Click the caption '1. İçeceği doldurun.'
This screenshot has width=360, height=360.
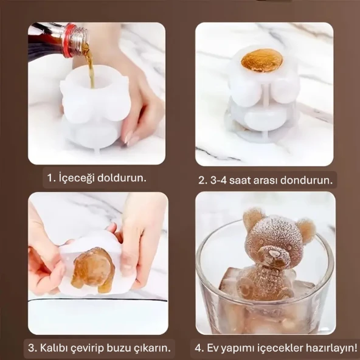pos(97,179)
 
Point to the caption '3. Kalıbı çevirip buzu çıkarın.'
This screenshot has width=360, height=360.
pos(99,349)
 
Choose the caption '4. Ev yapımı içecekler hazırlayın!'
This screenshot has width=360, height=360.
pos(275,349)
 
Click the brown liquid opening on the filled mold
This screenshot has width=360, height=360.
pos(261,60)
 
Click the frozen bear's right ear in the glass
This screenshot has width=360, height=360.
pos(305,230)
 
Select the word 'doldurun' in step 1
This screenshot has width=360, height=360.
pos(125,179)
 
